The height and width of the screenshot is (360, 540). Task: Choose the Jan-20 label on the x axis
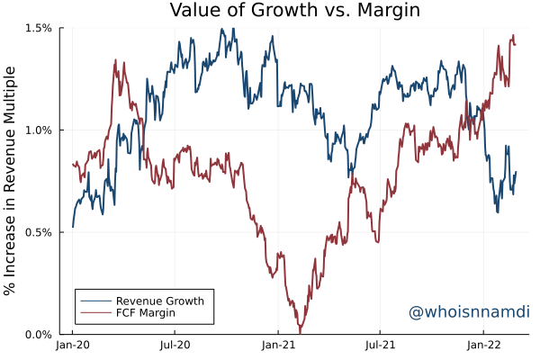click(73, 346)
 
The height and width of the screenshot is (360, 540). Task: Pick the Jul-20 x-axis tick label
click(175, 346)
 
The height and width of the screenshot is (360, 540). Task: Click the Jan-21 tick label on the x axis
click(279, 346)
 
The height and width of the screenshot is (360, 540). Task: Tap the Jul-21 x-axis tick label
click(381, 346)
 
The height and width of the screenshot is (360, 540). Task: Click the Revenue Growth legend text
click(160, 301)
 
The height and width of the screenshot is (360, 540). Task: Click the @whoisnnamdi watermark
click(468, 312)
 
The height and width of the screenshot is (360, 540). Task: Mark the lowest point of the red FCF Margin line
click(300, 333)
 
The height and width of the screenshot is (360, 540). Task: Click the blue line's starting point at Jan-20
click(73, 227)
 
